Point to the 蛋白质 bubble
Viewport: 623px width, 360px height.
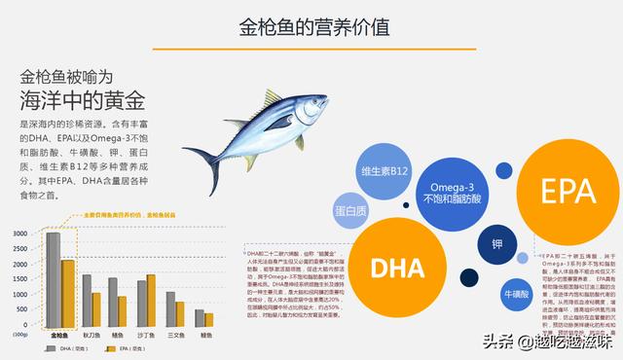[x=350, y=211]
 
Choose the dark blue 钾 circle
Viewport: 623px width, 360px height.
[x=497, y=243]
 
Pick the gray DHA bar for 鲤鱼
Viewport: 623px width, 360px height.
[x=200, y=318]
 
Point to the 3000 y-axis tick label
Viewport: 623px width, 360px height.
[x=20, y=234]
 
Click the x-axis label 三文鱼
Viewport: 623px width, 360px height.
[x=175, y=333]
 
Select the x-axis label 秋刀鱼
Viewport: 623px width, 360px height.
[x=92, y=333]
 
